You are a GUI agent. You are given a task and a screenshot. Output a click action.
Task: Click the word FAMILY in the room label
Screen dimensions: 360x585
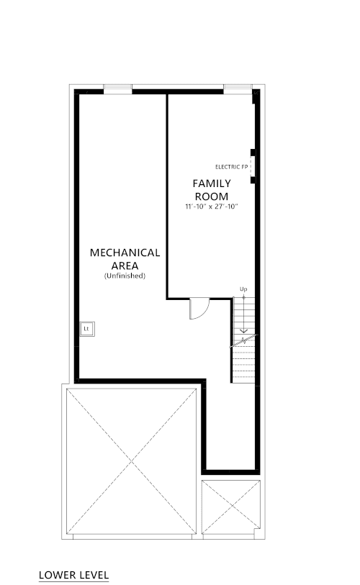point(212,183)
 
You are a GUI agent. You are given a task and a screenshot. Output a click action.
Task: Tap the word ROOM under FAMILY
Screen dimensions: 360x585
point(212,196)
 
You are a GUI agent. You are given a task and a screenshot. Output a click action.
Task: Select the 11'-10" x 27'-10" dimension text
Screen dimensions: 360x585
point(212,207)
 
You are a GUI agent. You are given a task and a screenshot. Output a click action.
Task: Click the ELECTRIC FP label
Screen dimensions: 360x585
point(232,167)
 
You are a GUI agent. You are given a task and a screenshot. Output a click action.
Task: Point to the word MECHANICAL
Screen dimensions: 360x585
point(125,253)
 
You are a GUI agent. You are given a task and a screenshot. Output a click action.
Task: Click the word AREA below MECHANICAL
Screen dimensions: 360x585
point(125,266)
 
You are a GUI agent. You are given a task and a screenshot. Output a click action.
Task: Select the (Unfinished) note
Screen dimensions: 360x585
point(125,276)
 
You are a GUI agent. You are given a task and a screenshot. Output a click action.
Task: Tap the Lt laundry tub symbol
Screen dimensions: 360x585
point(87,329)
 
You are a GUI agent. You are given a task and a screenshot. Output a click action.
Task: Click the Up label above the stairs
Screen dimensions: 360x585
point(243,289)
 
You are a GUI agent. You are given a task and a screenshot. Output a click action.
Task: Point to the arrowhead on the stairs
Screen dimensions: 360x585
point(243,330)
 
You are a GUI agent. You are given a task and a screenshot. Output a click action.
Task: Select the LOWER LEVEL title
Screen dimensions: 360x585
point(73,575)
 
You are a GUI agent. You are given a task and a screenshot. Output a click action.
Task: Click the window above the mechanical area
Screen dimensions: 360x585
point(117,89)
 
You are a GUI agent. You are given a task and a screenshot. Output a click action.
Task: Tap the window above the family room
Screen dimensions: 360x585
point(238,89)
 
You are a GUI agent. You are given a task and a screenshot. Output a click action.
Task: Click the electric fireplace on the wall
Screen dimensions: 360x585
point(253,166)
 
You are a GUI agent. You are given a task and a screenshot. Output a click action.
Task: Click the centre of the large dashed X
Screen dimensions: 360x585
point(132,462)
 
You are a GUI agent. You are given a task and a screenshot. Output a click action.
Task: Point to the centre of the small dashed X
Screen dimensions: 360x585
point(231,507)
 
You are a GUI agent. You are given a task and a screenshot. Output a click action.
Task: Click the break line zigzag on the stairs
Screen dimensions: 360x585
point(243,340)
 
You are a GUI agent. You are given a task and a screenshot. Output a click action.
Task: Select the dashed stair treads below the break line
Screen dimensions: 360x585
point(243,365)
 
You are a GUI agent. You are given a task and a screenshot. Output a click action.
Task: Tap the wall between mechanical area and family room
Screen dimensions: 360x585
point(167,196)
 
